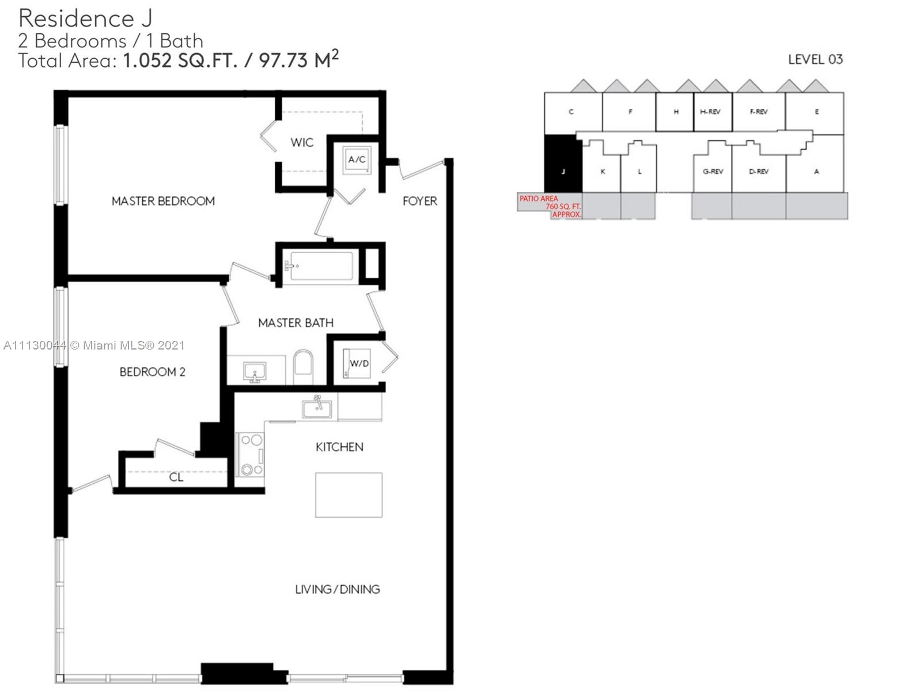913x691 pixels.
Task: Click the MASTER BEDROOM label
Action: [163, 201]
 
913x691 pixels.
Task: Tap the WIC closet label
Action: [302, 143]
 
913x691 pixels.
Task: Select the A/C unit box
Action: [357, 160]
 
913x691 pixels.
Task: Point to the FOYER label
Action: [420, 201]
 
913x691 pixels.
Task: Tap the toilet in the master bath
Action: [303, 367]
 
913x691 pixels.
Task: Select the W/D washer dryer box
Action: [357, 363]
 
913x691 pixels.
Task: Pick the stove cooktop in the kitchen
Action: [249, 454]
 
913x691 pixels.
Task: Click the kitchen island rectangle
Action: [348, 495]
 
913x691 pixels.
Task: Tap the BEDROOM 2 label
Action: [152, 371]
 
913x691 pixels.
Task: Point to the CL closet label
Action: [176, 477]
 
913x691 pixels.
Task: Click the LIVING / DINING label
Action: [338, 589]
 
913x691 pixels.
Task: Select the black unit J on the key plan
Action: [563, 164]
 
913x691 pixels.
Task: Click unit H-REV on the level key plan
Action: [713, 112]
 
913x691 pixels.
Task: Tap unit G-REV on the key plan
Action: [713, 171]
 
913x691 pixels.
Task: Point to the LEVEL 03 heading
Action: [815, 59]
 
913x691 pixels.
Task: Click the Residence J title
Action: [85, 18]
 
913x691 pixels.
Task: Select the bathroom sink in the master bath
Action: [255, 371]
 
